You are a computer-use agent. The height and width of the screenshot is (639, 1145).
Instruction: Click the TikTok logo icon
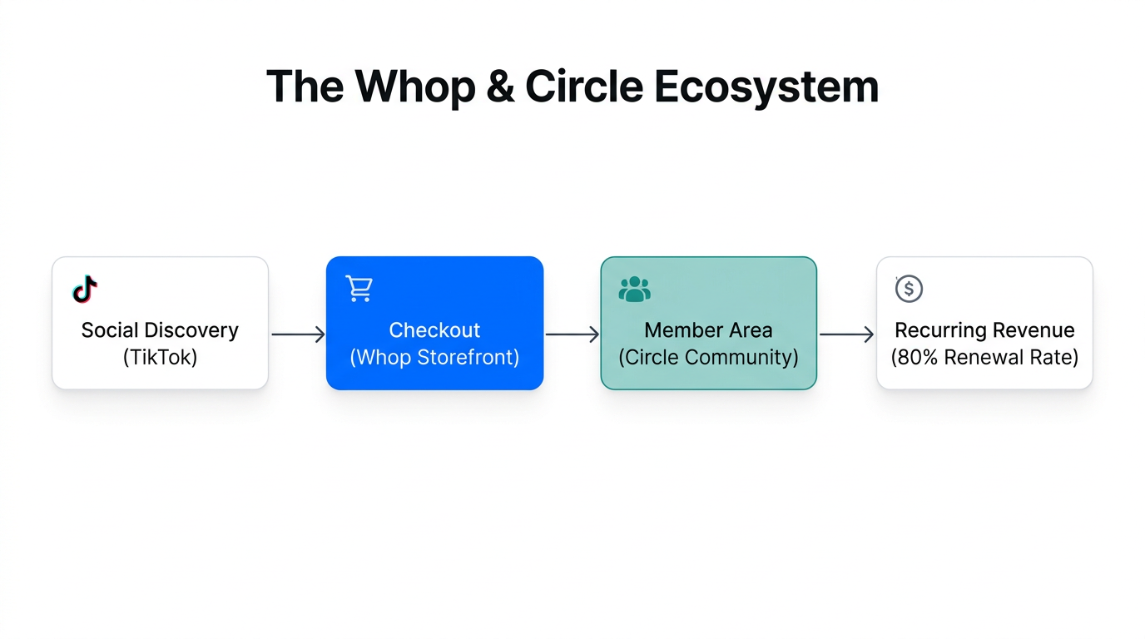click(85, 290)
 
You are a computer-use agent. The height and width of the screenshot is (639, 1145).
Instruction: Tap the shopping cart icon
click(359, 289)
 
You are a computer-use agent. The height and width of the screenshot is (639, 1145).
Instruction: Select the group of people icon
click(634, 289)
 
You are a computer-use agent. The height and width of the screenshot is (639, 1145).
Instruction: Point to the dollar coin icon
click(909, 289)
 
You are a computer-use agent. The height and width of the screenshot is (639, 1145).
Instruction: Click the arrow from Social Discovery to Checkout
click(298, 334)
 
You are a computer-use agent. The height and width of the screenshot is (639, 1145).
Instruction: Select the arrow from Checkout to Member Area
click(572, 334)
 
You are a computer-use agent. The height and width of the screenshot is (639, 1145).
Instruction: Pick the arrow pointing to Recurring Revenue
click(846, 334)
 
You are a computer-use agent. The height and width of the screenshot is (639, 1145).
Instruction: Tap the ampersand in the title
click(499, 87)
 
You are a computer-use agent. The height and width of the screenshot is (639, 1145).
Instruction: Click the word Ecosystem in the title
click(766, 87)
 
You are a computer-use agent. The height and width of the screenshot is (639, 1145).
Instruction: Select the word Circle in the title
click(583, 87)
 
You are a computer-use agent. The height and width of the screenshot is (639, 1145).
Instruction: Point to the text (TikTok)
click(160, 358)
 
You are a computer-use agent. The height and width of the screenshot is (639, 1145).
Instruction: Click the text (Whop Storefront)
click(434, 358)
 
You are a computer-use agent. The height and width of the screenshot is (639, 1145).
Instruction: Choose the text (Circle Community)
click(708, 358)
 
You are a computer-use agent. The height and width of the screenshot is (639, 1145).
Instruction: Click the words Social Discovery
click(160, 330)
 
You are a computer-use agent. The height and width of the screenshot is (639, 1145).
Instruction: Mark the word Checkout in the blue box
click(434, 330)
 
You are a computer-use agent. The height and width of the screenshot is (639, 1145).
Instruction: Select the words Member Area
click(708, 330)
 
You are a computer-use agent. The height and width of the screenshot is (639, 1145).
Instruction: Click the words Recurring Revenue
click(984, 330)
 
